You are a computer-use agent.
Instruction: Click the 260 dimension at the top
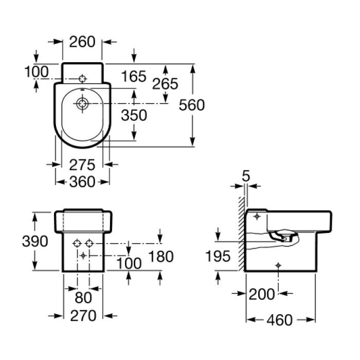[82, 42]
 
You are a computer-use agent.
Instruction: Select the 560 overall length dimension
[192, 105]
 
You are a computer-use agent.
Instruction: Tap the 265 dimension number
[165, 84]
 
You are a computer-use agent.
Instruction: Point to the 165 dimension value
[134, 76]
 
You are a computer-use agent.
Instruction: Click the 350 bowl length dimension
[134, 115]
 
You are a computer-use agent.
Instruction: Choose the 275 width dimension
[82, 165]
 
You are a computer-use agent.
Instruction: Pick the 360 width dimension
[82, 182]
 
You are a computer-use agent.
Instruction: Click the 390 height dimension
[35, 241]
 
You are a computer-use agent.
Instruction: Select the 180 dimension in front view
[161, 257]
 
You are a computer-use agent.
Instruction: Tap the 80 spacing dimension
[83, 298]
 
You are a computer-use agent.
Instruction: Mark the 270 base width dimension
[83, 316]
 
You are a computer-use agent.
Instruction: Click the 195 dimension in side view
[218, 256]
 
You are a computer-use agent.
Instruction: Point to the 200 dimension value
[262, 294]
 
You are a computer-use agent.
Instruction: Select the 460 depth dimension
[280, 320]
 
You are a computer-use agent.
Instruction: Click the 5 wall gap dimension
[246, 176]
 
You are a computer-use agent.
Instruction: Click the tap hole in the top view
[82, 79]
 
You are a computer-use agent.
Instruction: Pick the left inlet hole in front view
[77, 243]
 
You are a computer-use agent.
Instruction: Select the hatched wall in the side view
[241, 233]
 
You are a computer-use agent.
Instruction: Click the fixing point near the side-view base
[278, 265]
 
